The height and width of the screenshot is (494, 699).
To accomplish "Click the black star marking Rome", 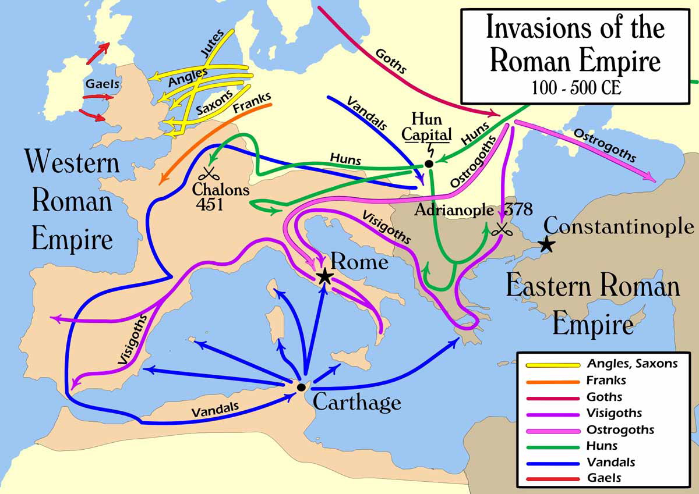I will [324, 276].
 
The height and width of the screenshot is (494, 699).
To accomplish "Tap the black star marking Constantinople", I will [546, 244].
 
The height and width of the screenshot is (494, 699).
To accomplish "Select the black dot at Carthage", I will [301, 387].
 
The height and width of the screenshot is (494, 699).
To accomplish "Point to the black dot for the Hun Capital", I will [429, 164].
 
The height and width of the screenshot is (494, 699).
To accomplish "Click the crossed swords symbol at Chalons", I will [208, 174].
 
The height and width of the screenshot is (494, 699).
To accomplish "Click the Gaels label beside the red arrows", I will [103, 84].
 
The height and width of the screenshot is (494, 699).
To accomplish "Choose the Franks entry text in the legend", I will [606, 381].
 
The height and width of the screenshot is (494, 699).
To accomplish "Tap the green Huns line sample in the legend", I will [553, 446].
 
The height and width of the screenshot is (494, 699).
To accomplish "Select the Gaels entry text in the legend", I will [604, 478].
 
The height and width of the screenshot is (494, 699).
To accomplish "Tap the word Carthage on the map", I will [356, 402].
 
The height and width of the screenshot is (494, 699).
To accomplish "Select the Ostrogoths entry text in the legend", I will [620, 429].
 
